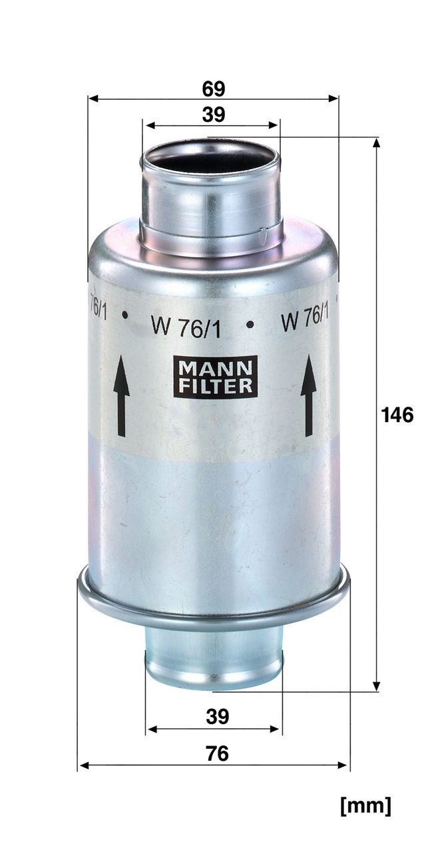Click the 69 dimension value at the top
click(213, 89)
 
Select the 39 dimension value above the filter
click(213, 114)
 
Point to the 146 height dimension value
click(397, 415)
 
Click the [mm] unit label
click(365, 805)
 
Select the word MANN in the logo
click(215, 367)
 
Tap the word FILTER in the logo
click(215, 386)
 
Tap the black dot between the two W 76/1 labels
click(250, 324)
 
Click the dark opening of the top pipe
click(210, 160)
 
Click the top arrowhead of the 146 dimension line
click(377, 143)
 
